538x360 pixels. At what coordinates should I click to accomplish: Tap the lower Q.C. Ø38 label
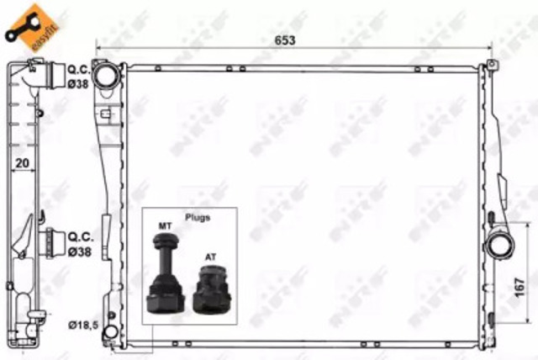[x=80, y=244]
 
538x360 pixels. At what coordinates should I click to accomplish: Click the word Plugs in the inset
[x=198, y=217]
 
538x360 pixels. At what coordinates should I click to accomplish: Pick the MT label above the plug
[x=165, y=226]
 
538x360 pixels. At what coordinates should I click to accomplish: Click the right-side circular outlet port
[x=501, y=246]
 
